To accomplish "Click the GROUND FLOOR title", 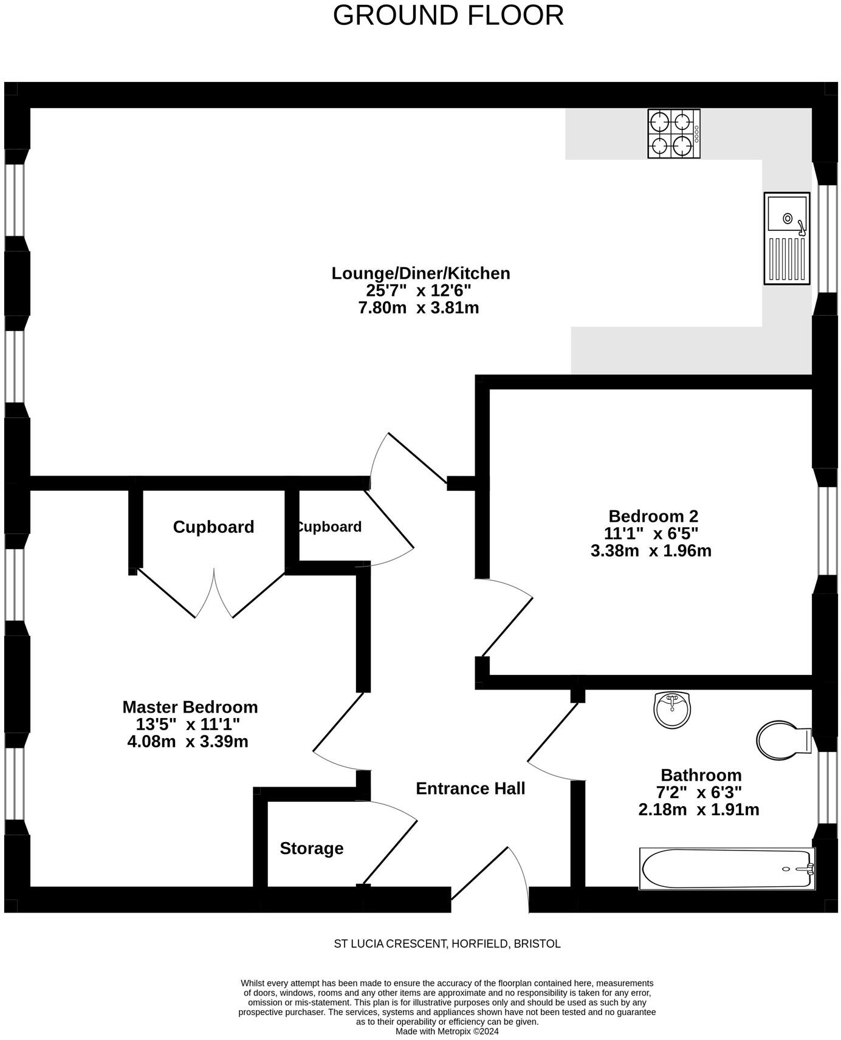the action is point(448,15).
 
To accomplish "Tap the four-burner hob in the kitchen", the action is point(673,134).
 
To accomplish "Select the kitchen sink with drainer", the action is point(787,238).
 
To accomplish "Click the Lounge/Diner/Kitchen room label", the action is point(420,273).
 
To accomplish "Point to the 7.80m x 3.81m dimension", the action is point(419,308).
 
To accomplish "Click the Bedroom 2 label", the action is point(653,516).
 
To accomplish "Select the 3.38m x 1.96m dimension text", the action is point(651,551).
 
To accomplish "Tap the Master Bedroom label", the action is point(190,707).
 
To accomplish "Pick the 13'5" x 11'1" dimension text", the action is point(188,724).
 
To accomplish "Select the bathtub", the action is point(727,869).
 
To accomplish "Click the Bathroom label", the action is point(701,775).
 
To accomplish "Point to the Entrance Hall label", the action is point(470,789).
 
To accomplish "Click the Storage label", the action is point(312,848).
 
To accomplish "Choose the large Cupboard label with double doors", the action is point(213,527).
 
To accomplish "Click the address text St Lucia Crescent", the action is point(447,943).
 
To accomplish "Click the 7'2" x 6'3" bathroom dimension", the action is point(699,792).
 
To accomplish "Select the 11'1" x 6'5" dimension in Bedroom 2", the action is point(651,533).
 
